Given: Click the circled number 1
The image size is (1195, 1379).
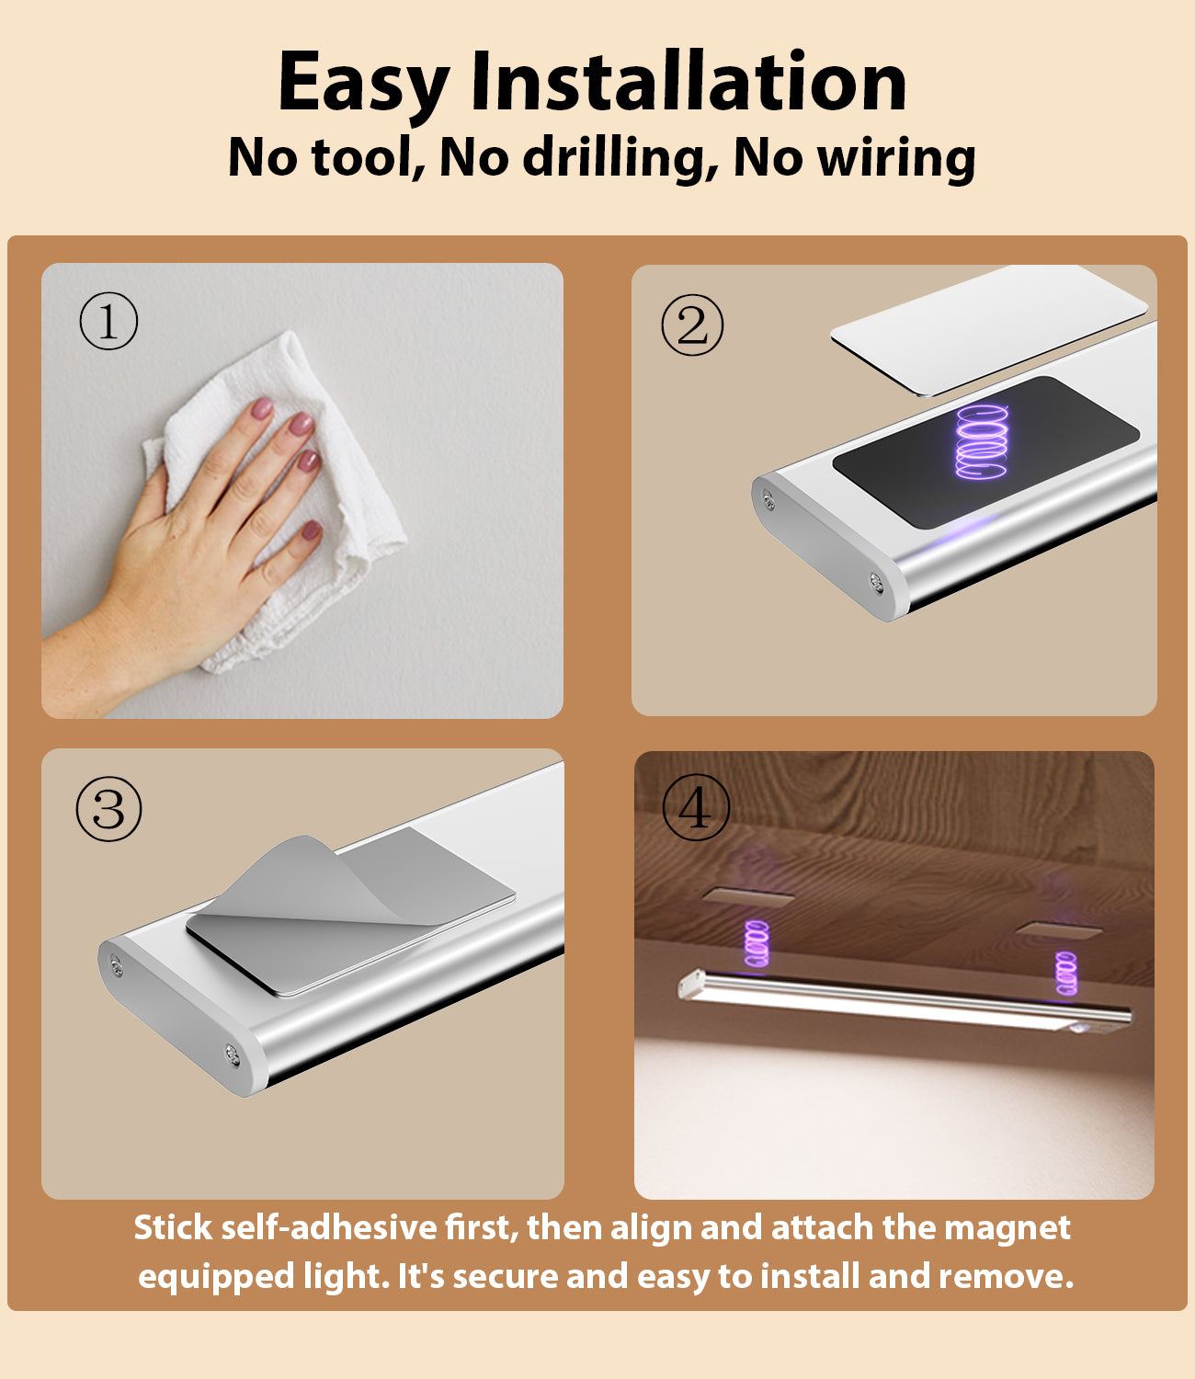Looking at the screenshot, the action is click(108, 321).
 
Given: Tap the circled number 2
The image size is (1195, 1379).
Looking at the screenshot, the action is click(692, 325).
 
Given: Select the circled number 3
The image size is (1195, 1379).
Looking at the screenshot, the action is click(108, 809).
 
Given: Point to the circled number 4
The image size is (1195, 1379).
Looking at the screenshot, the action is click(695, 807).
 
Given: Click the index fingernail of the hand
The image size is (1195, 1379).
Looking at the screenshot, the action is click(262, 407).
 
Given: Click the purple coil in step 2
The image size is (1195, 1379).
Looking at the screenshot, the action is click(982, 441).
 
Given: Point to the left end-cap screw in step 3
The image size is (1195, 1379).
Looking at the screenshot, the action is click(116, 964).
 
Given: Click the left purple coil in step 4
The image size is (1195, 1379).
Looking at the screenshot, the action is click(757, 942).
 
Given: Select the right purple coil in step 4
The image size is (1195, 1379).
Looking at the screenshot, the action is click(1065, 974).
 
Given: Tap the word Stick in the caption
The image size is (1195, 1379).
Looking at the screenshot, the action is click(173, 1227).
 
